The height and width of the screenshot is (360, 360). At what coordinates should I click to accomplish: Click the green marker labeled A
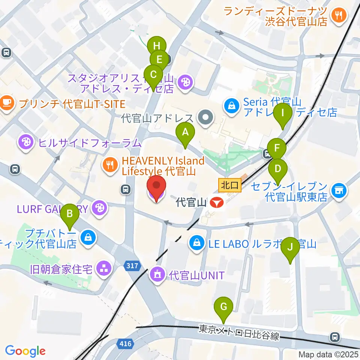184,133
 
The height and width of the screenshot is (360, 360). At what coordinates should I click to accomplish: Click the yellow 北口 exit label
229,184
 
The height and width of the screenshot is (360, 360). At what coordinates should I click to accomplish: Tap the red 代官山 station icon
217,203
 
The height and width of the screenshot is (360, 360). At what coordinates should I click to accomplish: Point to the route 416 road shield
126,343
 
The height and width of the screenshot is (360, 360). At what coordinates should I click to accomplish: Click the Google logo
25,351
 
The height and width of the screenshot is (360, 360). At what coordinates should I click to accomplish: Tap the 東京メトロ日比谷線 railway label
239,333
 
